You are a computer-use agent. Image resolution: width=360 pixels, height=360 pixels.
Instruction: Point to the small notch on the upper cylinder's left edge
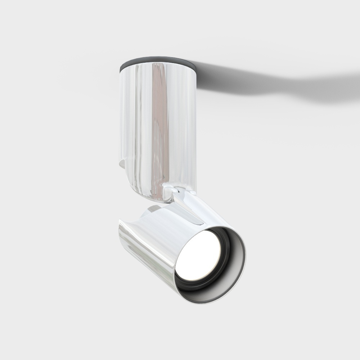pos(122,164)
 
